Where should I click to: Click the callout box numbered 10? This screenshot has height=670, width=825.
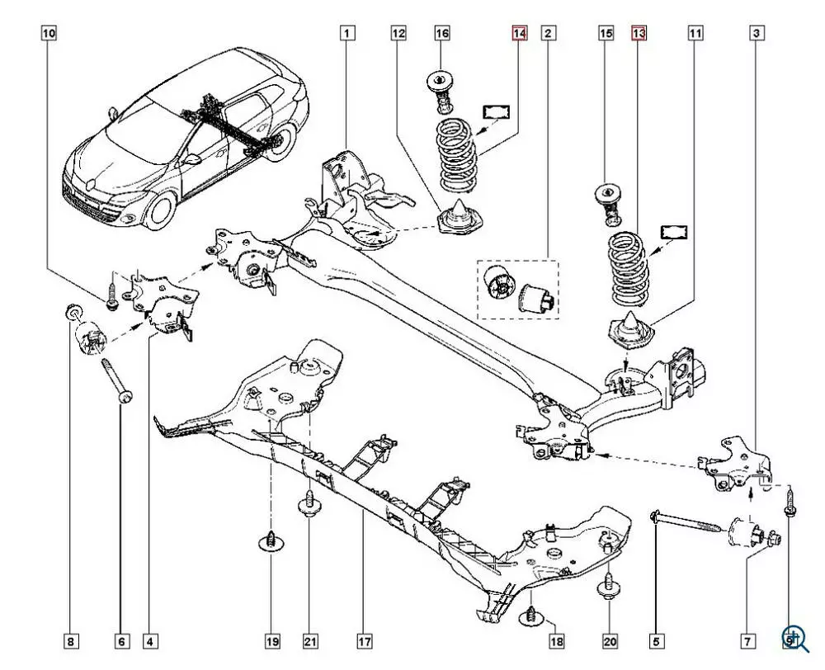click(49, 34)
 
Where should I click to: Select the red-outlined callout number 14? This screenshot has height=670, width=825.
click(518, 34)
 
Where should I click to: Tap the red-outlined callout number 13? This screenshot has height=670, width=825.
click(639, 34)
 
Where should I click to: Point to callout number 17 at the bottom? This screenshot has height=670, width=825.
click(365, 640)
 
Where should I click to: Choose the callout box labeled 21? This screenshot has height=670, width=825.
click(310, 640)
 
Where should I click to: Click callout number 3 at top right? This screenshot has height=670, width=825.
click(757, 34)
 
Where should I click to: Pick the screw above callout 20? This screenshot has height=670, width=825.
click(610, 586)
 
